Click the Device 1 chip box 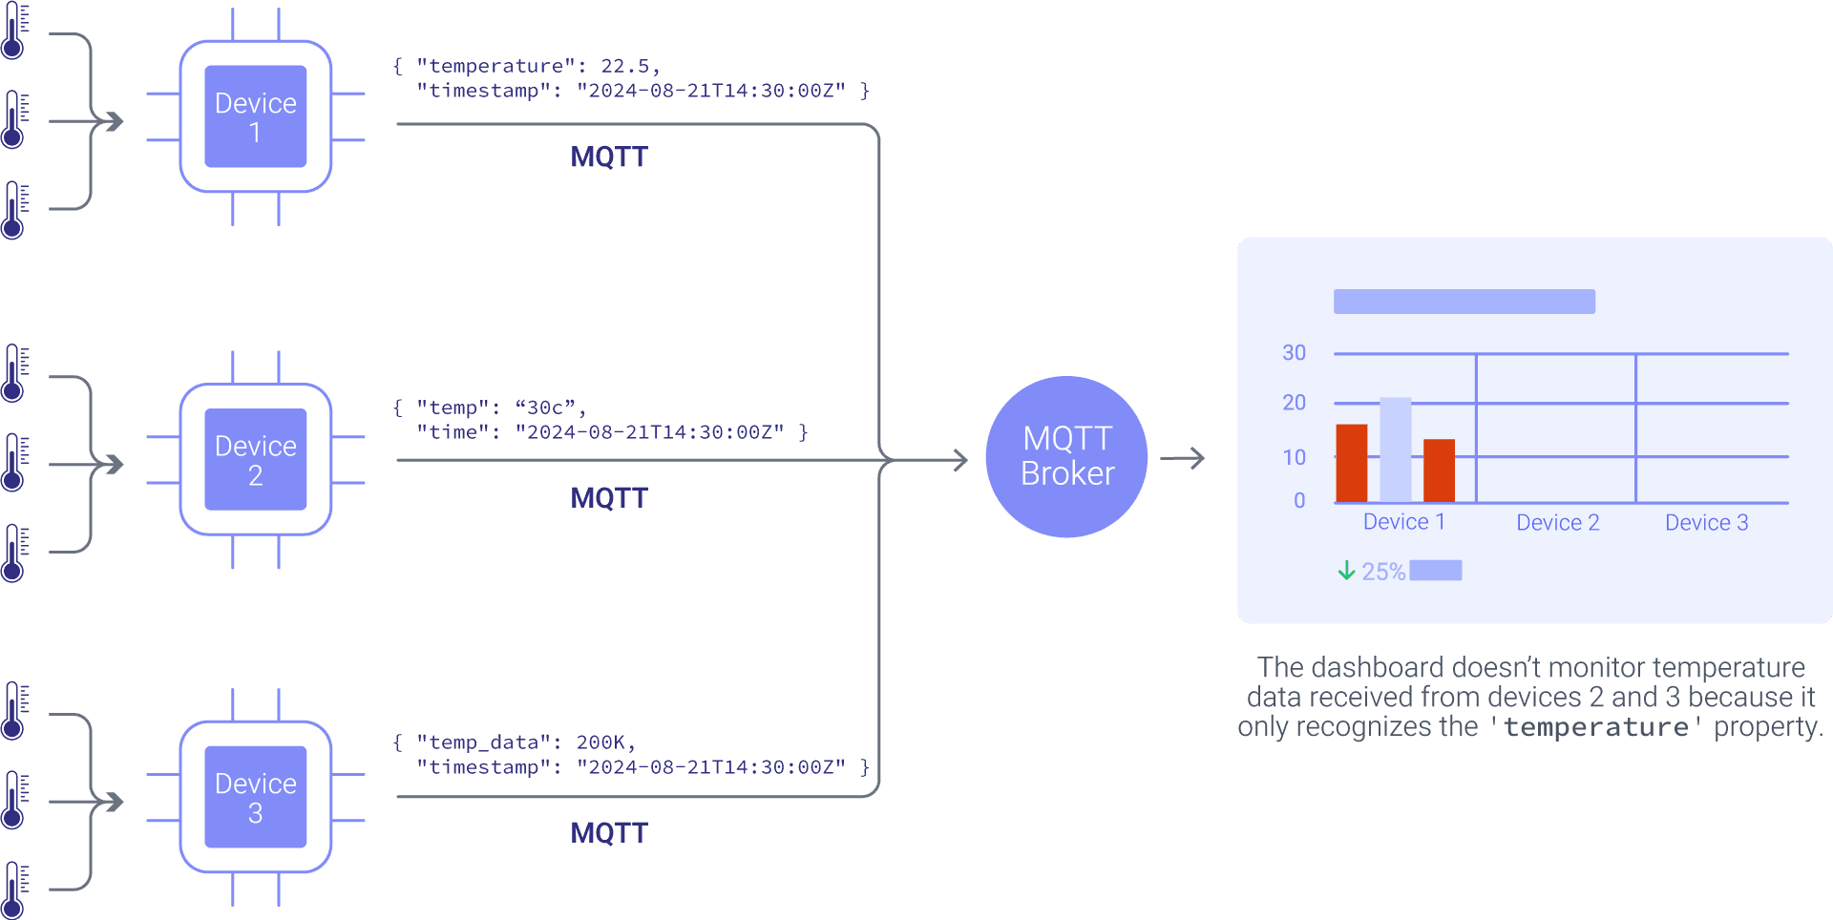point(256,116)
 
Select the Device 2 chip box point(256,460)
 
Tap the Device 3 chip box point(256,797)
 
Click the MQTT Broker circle point(1066,456)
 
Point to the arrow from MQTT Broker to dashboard point(1183,459)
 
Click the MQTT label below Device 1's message point(609,157)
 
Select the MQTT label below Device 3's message point(609,832)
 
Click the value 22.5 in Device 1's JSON point(624,66)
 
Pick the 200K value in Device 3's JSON point(600,742)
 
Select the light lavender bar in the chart point(1395,450)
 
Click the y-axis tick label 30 point(1294,353)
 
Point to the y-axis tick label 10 point(1294,457)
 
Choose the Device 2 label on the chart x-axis point(1557,523)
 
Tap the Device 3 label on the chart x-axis point(1706,523)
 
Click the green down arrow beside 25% point(1346,571)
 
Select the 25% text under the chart point(1383,572)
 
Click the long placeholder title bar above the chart point(1464,302)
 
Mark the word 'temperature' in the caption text point(1595,727)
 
